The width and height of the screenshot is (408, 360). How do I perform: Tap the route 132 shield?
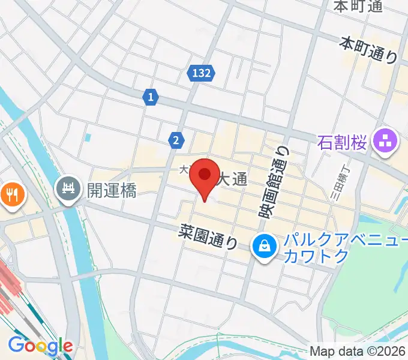click(x=202, y=73)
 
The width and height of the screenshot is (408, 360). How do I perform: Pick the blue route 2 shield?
click(x=175, y=140)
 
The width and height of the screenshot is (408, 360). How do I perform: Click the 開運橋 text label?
click(x=112, y=190)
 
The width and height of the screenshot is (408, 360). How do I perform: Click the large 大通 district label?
click(x=231, y=178)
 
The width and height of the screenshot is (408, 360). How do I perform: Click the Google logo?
click(x=40, y=346)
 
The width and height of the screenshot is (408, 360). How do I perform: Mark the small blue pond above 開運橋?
click(x=88, y=137)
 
